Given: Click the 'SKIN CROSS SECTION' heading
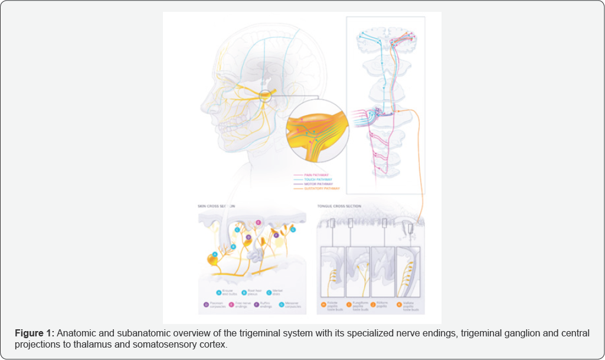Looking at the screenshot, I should coord(216,206).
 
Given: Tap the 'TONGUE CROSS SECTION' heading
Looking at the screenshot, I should coord(339,206).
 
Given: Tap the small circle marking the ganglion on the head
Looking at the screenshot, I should coord(264,96).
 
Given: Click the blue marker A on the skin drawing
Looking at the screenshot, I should coord(215,254).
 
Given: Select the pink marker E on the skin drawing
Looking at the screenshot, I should coord(258,222).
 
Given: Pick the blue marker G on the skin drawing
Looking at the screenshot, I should coord(293,229).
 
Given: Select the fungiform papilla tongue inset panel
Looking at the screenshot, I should coord(358,271).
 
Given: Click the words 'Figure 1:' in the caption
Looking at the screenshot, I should coord(35,333).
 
